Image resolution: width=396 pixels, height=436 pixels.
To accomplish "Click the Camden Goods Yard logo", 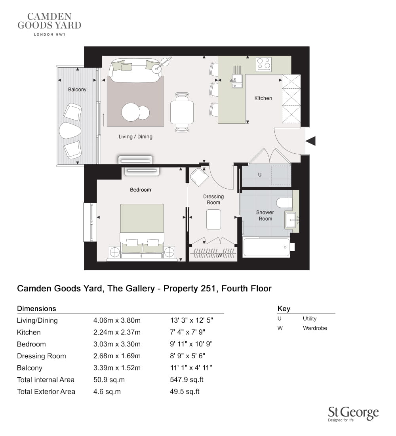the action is pyautogui.click(x=49, y=24).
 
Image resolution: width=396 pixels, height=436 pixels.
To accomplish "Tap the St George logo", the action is pyautogui.click(x=353, y=414).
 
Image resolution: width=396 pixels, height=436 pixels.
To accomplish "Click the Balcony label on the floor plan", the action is pyautogui.click(x=77, y=90).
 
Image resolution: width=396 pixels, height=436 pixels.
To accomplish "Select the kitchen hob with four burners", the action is pyautogui.click(x=264, y=64).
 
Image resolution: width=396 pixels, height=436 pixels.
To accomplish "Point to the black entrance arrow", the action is pyautogui.click(x=311, y=141).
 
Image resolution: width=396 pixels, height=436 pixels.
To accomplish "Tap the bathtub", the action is pyautogui.click(x=267, y=247).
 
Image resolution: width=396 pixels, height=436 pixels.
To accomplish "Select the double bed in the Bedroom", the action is pyautogui.click(x=142, y=232).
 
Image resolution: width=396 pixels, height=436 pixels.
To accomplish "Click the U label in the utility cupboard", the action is pyautogui.click(x=260, y=175).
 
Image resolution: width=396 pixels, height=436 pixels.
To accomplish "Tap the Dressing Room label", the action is pyautogui.click(x=213, y=199).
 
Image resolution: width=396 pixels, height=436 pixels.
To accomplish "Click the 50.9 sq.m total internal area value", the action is pyautogui.click(x=109, y=380).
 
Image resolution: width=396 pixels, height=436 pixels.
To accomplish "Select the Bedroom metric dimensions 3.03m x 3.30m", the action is pyautogui.click(x=117, y=344).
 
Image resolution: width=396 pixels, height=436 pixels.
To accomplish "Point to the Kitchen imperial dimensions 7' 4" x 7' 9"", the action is pyautogui.click(x=188, y=332).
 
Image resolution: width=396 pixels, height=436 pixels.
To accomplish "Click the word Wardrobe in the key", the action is pyautogui.click(x=315, y=328).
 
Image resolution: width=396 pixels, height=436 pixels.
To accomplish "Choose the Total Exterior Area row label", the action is pyautogui.click(x=46, y=392).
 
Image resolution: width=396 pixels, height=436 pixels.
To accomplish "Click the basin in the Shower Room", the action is pyautogui.click(x=291, y=220).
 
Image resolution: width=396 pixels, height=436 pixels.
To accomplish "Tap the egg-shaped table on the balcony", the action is pyautogui.click(x=70, y=131).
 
